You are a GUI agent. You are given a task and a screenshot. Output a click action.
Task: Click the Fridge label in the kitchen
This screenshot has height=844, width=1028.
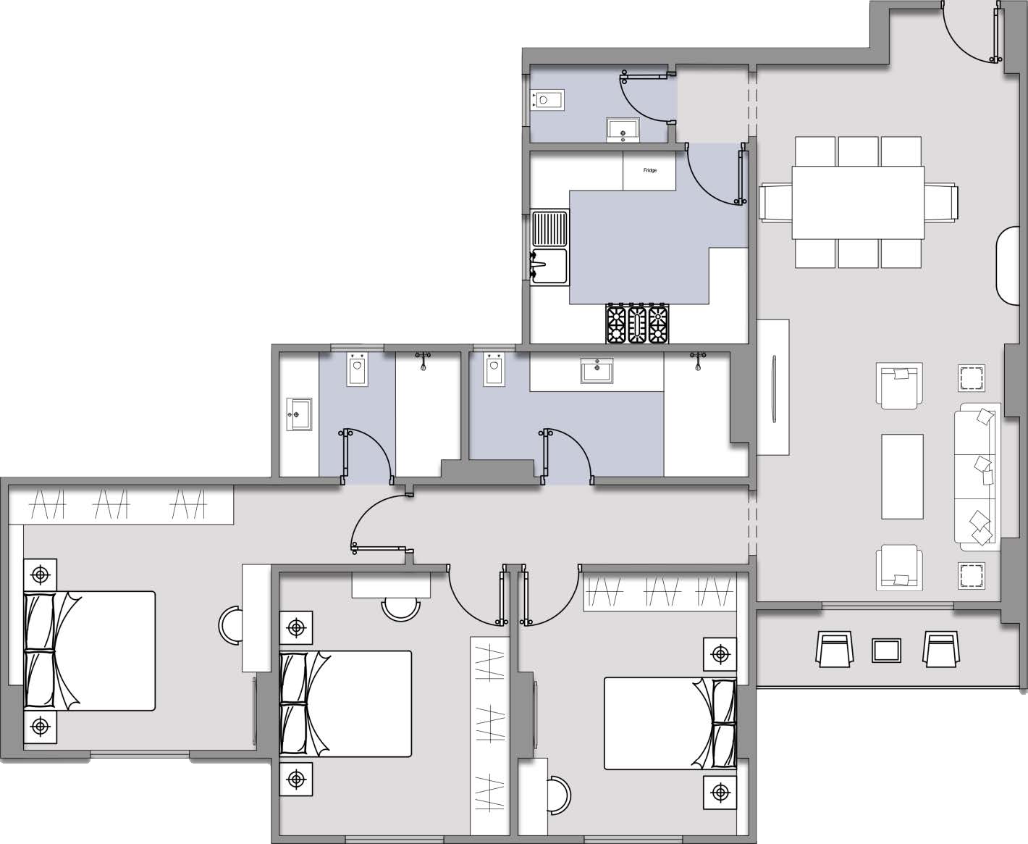(x=650, y=170)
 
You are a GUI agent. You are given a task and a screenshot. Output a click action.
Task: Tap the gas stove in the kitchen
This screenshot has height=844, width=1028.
(x=637, y=324)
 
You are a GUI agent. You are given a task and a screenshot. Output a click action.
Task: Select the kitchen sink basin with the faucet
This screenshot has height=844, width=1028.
(x=549, y=267)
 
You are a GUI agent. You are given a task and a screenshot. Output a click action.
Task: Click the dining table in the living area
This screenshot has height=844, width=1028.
(x=858, y=202)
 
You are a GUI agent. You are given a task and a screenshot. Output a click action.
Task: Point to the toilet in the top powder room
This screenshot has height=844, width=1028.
(x=547, y=100)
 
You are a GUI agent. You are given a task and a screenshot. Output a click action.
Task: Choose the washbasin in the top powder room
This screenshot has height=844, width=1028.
(x=623, y=130)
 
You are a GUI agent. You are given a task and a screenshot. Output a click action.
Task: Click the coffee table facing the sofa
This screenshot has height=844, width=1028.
(x=902, y=476)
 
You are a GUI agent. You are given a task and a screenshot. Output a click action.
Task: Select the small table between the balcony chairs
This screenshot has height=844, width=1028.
(x=886, y=651)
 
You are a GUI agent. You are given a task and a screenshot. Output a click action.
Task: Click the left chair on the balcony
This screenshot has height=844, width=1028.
(x=835, y=649)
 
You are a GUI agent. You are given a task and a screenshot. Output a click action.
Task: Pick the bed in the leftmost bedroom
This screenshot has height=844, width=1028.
(x=90, y=651)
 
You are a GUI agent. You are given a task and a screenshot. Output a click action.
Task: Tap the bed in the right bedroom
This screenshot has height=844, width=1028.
(x=670, y=723)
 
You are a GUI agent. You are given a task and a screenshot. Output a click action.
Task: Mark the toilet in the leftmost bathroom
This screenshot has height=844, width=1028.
(x=358, y=369)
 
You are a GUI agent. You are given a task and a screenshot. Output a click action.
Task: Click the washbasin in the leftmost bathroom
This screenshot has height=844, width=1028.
(x=299, y=414)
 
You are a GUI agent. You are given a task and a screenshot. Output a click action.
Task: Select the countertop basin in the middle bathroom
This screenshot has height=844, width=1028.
(x=597, y=371)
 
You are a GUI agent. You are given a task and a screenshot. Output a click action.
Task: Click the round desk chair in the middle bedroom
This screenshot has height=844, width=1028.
(x=400, y=610)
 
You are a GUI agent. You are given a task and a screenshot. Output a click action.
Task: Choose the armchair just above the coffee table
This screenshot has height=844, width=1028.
(x=899, y=386)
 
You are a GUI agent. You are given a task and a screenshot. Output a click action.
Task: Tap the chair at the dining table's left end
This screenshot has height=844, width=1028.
(x=775, y=202)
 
